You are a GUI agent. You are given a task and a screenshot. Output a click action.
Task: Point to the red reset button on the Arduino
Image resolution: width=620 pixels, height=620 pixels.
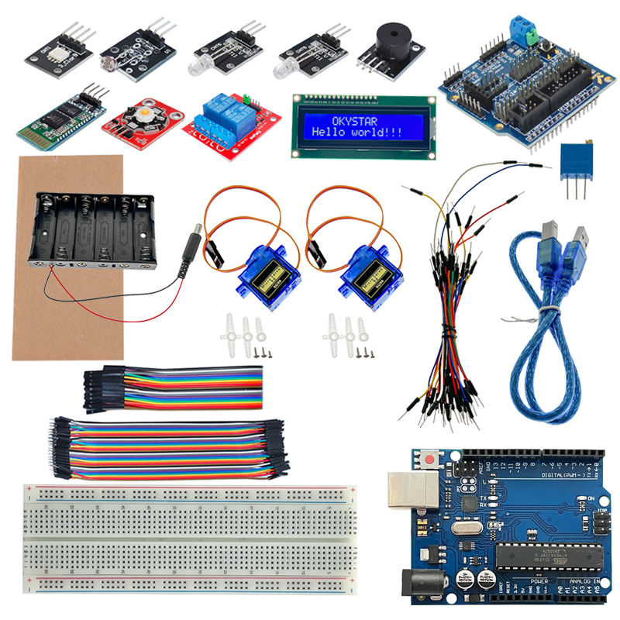pos(429,460)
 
